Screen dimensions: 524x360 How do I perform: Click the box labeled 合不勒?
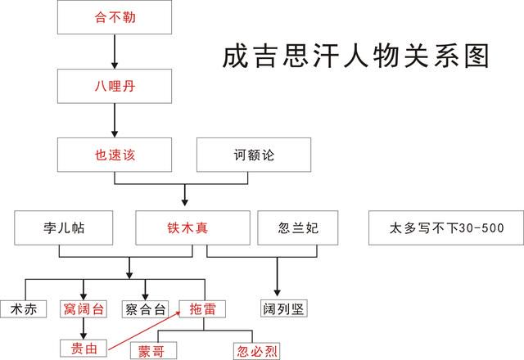pyautogui.click(x=115, y=17)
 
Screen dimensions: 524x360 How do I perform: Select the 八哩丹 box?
pyautogui.click(x=115, y=86)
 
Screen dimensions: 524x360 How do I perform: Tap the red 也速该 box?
pyautogui.click(x=115, y=155)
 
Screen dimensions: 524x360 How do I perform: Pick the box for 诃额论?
pyautogui.click(x=254, y=155)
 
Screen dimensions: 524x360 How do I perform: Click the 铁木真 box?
pyautogui.click(x=193, y=227)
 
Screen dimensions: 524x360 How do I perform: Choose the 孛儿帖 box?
pyautogui.click(x=64, y=227)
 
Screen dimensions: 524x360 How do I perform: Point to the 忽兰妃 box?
pyautogui.click(x=298, y=227)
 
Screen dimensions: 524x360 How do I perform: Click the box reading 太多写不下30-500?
pyautogui.click(x=446, y=227)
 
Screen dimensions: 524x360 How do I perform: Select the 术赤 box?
pyautogui.click(x=24, y=309)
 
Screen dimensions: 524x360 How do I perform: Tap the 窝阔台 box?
pyautogui.click(x=84, y=309)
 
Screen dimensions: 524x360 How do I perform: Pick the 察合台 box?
pyautogui.click(x=145, y=309)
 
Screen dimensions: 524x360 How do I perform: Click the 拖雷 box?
pyautogui.click(x=202, y=309)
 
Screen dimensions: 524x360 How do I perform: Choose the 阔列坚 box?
pyautogui.click(x=284, y=308)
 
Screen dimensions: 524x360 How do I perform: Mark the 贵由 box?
pyautogui.click(x=84, y=349)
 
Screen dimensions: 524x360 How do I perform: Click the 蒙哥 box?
pyautogui.click(x=153, y=351)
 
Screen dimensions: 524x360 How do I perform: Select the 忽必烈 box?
pyautogui.click(x=256, y=351)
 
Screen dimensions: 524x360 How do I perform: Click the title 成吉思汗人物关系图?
pyautogui.click(x=356, y=56)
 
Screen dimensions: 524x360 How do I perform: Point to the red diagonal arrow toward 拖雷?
pyautogui.click(x=145, y=331)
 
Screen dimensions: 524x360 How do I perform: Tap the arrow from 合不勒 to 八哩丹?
pyautogui.click(x=115, y=52)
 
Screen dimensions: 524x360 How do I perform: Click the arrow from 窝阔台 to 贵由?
pyautogui.click(x=84, y=329)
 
